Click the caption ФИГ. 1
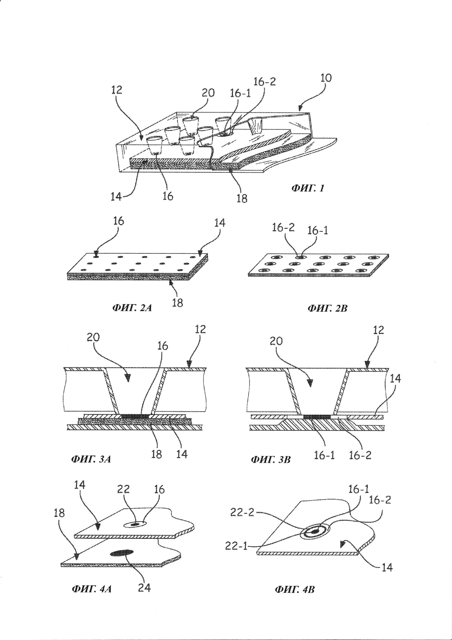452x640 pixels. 308,189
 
